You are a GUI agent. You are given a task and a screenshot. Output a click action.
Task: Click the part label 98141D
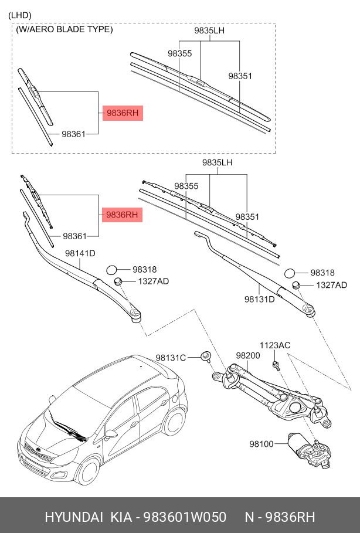(x=80, y=253)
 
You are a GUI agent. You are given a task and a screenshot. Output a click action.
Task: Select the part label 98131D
(x=260, y=299)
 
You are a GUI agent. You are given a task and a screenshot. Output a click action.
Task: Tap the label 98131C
(x=171, y=358)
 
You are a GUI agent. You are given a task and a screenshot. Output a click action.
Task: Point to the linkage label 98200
(x=247, y=355)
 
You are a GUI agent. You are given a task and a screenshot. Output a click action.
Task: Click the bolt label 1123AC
(x=275, y=345)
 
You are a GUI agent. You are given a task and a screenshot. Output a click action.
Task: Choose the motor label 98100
(x=261, y=444)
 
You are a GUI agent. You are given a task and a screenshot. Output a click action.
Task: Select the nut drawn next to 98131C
(x=206, y=356)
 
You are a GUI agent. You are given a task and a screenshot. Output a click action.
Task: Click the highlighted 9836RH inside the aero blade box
(x=123, y=113)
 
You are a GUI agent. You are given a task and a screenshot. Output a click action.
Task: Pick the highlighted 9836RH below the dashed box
(x=123, y=215)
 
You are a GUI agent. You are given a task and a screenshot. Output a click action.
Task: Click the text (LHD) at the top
(x=20, y=15)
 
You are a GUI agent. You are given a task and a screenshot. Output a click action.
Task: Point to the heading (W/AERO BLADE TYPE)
(x=64, y=29)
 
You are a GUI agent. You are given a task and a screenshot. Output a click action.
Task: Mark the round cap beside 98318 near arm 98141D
(x=113, y=270)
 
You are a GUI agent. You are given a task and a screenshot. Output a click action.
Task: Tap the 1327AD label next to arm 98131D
(x=331, y=285)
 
